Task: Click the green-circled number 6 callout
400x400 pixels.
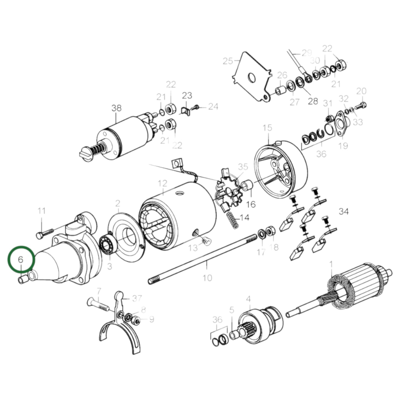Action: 20,259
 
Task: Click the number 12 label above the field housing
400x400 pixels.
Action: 162,184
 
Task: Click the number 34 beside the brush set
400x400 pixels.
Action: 344,211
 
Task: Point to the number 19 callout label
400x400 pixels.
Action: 343,146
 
